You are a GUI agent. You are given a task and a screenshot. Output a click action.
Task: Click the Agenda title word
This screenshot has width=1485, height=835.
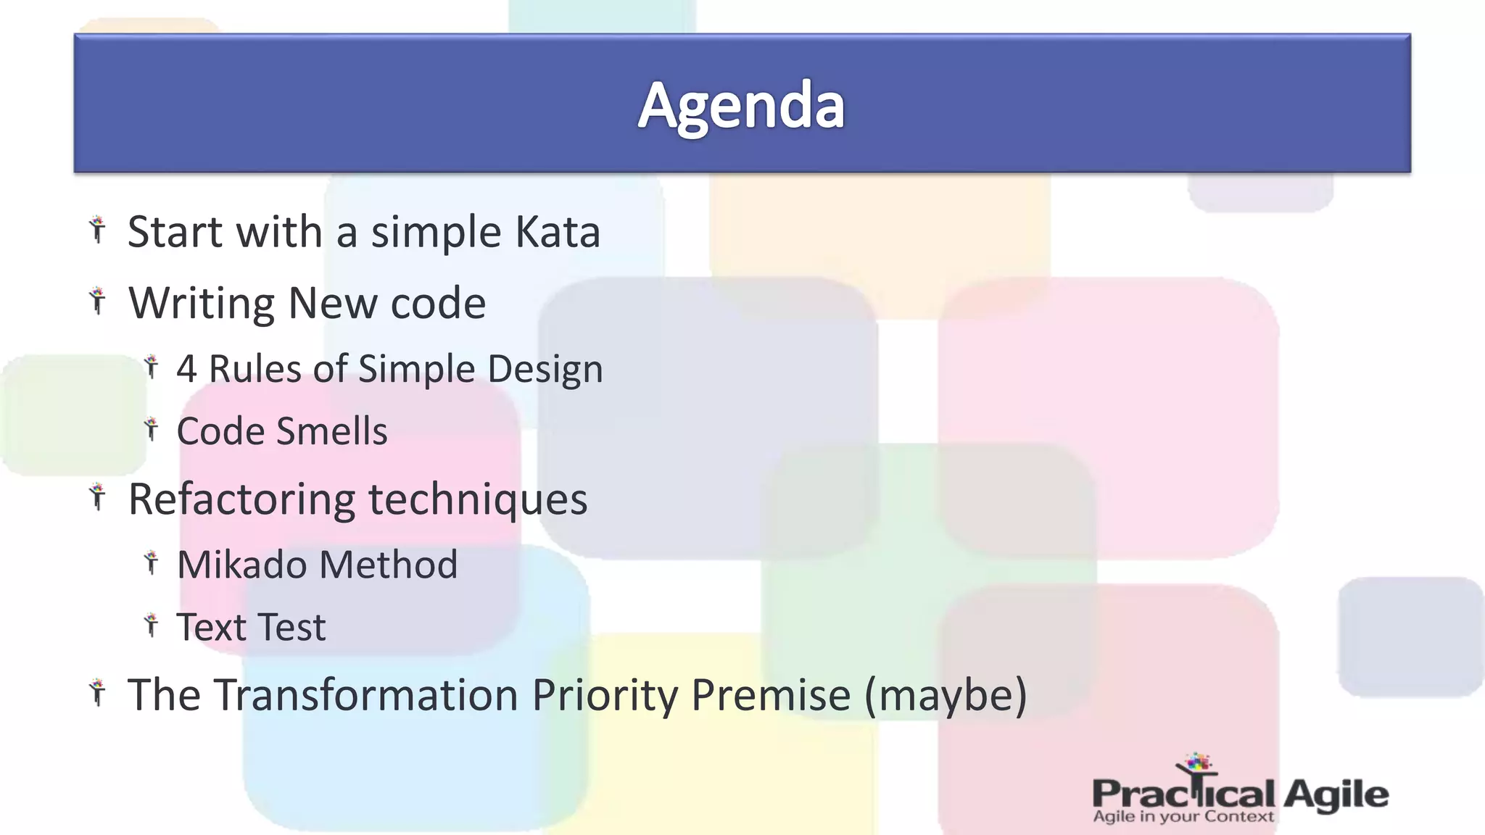[x=741, y=106]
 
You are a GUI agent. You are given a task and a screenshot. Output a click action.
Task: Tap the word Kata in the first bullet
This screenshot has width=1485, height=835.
[x=557, y=232]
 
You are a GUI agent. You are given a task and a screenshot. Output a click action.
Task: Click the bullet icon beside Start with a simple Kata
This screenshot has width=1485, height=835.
[x=97, y=230]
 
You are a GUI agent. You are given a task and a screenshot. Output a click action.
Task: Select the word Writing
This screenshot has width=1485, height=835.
[x=202, y=303]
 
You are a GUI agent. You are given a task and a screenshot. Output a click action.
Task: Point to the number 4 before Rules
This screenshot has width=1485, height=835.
[x=186, y=369]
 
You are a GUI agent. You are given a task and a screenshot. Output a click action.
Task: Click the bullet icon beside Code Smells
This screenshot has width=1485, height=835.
[x=151, y=429]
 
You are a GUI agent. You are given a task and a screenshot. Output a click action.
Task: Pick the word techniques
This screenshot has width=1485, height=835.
[x=478, y=499]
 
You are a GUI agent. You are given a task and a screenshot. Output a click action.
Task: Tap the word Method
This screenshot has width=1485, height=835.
[x=389, y=565]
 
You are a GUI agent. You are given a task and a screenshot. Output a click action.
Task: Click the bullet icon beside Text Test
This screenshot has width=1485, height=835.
[x=151, y=625]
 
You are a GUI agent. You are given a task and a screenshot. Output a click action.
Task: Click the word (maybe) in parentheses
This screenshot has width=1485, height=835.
[x=946, y=694]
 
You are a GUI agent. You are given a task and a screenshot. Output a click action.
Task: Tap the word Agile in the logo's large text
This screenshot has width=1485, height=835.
[x=1336, y=794]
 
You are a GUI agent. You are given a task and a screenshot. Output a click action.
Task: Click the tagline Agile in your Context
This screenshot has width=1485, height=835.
[x=1183, y=817]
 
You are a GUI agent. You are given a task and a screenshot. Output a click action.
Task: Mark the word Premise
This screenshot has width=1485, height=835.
[x=771, y=694]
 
